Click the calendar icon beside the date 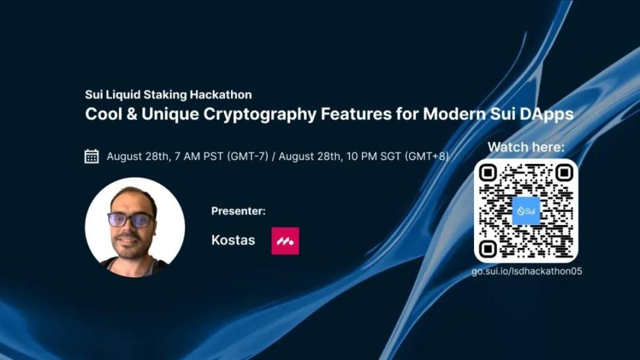92,157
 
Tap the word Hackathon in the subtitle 221,95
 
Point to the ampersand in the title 132,114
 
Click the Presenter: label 238,211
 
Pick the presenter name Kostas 233,240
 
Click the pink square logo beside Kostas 285,241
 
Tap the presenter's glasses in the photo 131,220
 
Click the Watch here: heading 526,147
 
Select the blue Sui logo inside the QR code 526,211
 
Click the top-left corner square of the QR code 488,173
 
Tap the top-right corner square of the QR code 564,173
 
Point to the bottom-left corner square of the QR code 488,249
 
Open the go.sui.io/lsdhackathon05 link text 527,271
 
